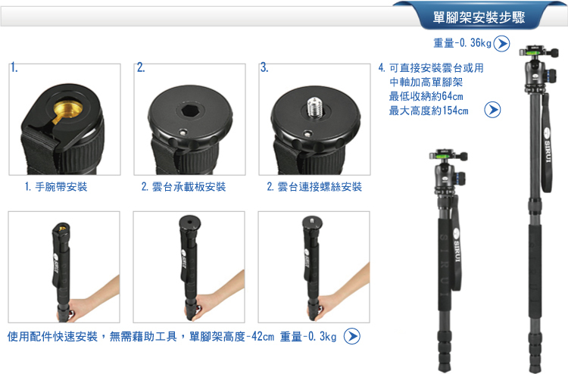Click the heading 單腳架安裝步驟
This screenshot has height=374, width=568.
coord(479,17)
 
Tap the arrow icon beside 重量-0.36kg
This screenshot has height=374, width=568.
coord(501,43)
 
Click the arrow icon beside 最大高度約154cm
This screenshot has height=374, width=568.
coord(493,110)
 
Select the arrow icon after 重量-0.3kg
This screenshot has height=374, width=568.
coord(351,336)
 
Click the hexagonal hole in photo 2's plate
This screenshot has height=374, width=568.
coord(190,110)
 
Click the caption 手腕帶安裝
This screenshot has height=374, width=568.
coord(61,187)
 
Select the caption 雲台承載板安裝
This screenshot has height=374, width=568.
coord(189,187)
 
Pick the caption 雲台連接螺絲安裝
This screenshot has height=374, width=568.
coord(320,187)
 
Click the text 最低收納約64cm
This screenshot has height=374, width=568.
coord(426,96)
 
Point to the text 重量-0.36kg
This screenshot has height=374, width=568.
coord(462,43)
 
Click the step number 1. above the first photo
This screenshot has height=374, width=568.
coord(14,67)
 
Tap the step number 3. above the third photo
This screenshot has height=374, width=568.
coord(264,67)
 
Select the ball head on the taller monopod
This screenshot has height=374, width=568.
coord(538,69)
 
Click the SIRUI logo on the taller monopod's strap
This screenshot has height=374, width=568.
coord(547,145)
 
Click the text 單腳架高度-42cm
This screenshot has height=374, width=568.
coord(232,337)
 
